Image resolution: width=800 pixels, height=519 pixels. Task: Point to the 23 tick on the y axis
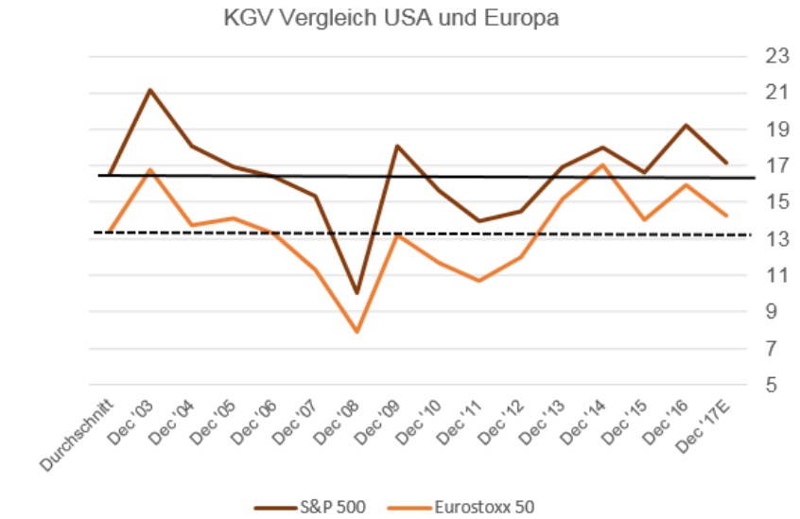[777, 56]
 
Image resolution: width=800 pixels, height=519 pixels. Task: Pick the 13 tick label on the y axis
[777, 239]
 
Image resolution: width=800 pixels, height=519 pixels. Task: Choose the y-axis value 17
[777, 165]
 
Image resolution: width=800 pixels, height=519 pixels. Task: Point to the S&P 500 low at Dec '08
[357, 293]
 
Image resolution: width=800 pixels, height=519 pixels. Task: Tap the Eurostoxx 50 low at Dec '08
[357, 332]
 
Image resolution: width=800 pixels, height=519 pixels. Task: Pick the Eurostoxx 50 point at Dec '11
[479, 281]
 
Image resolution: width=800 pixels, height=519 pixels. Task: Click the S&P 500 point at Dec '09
[397, 146]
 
